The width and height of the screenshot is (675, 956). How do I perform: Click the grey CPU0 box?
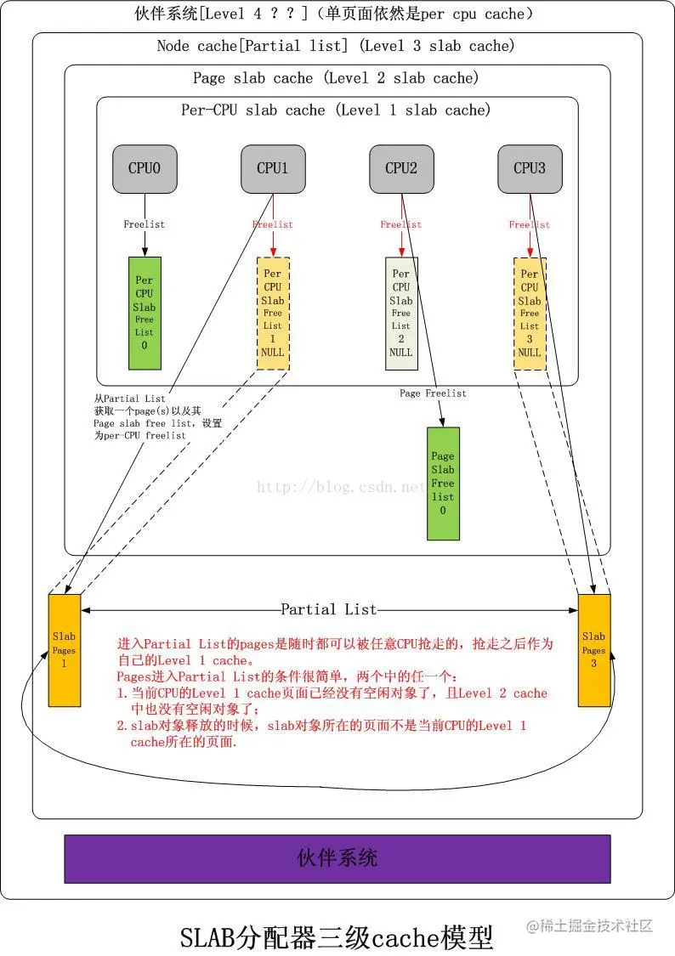coord(145,168)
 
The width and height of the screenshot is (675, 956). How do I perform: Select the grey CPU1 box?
coord(273,168)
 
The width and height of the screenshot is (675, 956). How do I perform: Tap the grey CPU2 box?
coord(401,168)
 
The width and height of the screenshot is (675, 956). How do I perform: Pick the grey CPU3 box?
coord(530,168)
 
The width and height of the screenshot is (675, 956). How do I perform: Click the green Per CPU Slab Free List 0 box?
coord(145,313)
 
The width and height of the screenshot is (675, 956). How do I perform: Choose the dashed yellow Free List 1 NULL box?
coord(273,313)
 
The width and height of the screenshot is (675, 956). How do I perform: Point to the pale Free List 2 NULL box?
coord(401,313)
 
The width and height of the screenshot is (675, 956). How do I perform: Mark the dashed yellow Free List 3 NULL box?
coord(530,313)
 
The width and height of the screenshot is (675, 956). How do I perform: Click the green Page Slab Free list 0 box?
coord(443,483)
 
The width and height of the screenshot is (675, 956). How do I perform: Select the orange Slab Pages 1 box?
coord(65,650)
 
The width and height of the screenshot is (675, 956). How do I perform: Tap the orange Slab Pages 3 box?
coord(594,650)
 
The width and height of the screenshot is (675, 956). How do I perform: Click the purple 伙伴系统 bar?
coord(337,858)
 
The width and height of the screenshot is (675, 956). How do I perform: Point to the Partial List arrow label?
coord(328,609)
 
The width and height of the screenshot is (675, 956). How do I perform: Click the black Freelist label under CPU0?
coord(145,224)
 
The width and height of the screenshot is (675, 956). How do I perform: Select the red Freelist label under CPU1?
coord(273,224)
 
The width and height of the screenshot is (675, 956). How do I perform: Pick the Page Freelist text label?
coord(434,393)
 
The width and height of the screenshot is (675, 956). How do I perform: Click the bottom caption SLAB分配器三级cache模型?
coord(337,937)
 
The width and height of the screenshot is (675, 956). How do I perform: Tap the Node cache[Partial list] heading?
coord(336,47)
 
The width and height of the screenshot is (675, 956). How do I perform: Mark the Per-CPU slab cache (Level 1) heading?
coord(336,110)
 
